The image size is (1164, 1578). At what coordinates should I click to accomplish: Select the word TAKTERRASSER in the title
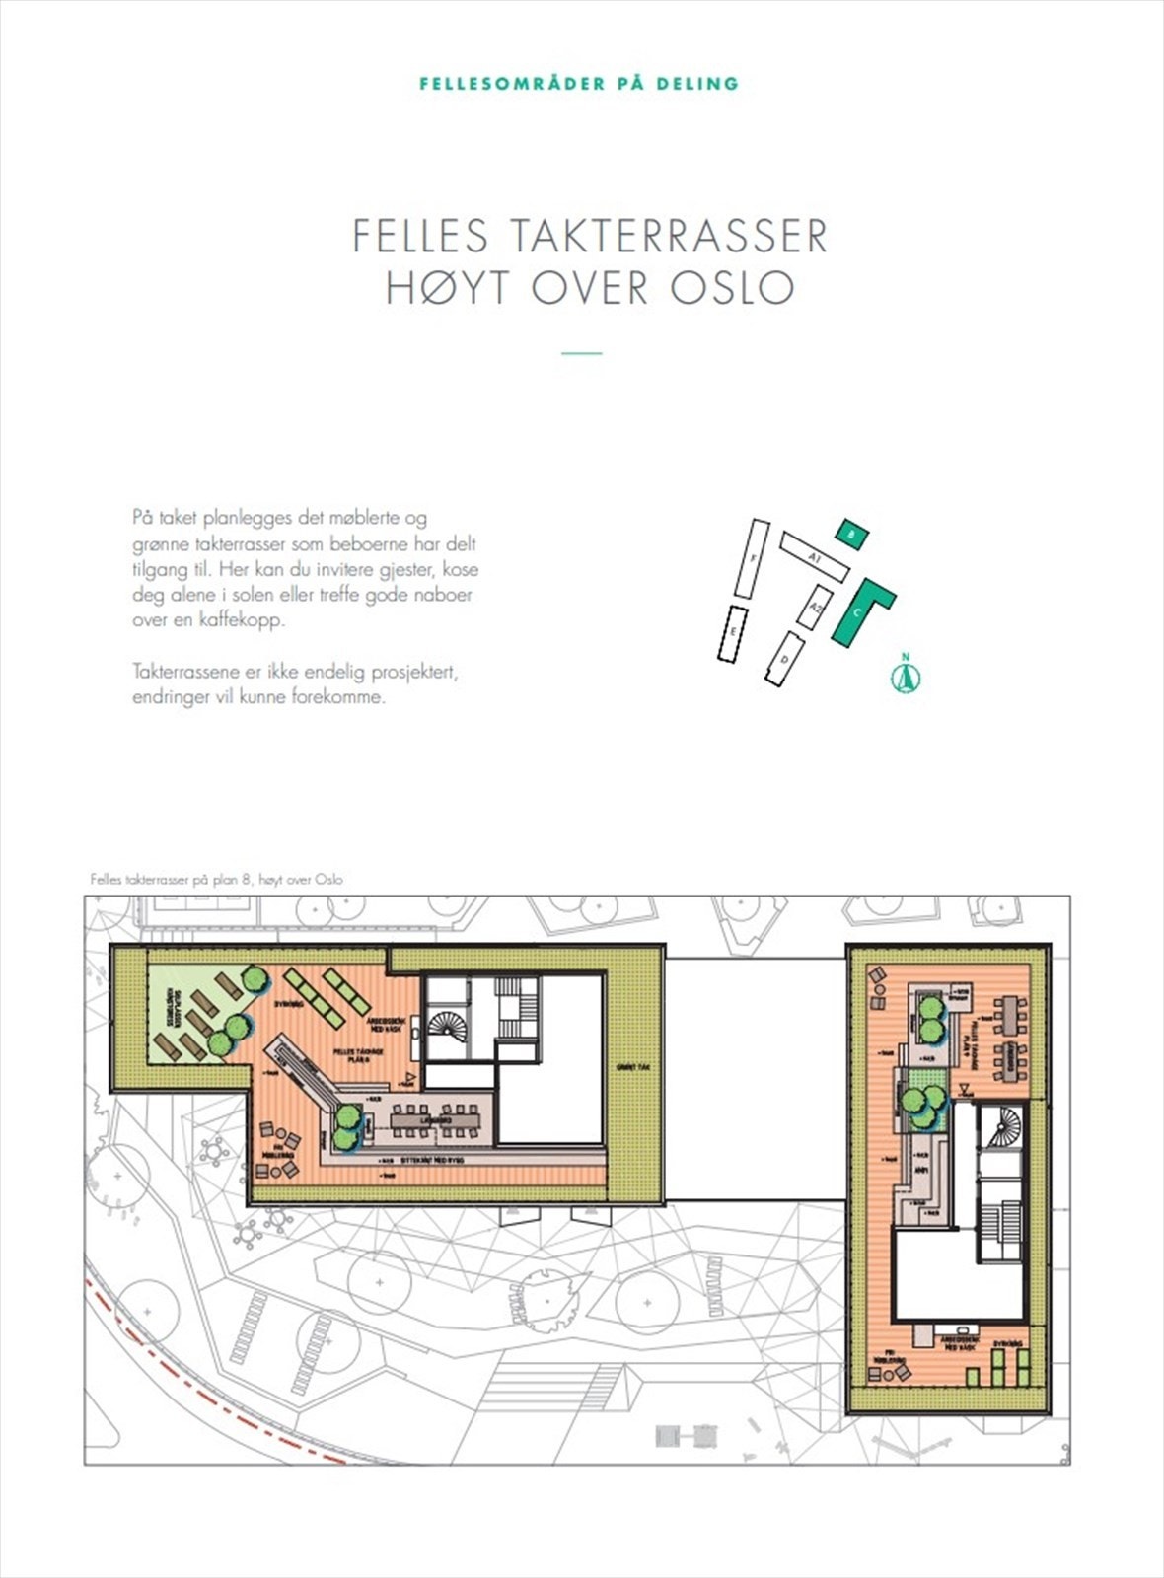(668, 236)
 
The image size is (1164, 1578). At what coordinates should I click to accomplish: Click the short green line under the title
(581, 353)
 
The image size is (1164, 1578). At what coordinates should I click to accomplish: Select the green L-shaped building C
(860, 610)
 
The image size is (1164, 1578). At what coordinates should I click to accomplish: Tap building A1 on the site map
(815, 557)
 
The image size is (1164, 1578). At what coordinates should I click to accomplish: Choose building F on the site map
(753, 558)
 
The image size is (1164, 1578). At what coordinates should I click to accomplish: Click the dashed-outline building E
(732, 633)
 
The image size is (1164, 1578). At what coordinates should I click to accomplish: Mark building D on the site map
(785, 659)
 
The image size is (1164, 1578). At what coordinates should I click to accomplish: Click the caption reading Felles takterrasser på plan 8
(216, 879)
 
